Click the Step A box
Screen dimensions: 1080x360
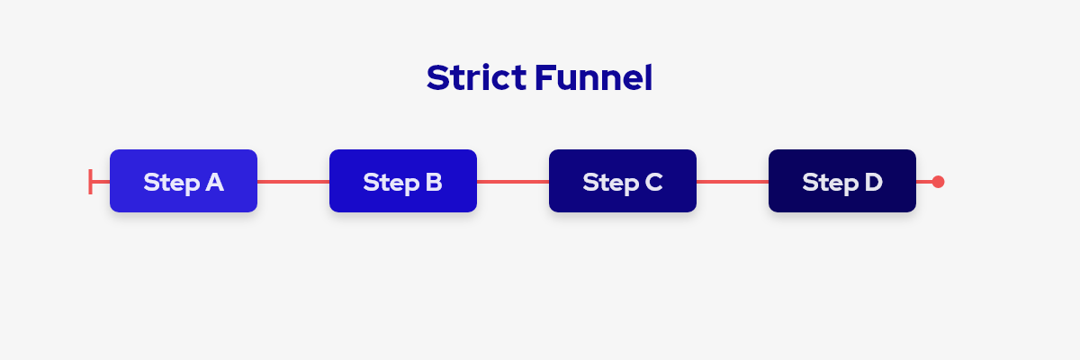tap(184, 181)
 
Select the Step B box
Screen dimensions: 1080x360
tap(403, 181)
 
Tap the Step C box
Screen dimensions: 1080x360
tap(623, 181)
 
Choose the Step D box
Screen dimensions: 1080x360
tap(842, 181)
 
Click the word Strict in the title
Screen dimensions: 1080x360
tap(476, 77)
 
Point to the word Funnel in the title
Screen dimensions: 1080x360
tap(593, 77)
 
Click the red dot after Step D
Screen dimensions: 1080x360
tap(938, 182)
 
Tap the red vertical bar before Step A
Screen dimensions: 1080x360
tap(90, 182)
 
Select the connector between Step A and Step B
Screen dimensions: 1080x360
tap(293, 182)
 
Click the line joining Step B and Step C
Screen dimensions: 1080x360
tap(513, 182)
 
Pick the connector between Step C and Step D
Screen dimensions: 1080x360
tap(733, 182)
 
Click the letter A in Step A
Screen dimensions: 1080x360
tap(214, 182)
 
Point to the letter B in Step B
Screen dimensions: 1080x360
tap(434, 182)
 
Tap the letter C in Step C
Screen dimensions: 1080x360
tap(653, 182)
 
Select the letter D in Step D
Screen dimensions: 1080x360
tap(873, 182)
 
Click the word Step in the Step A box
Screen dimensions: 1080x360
tap(172, 183)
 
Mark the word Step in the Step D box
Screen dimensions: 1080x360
tap(830, 183)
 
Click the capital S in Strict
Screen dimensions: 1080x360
tap(436, 77)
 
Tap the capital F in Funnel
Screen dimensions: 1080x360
tap(544, 77)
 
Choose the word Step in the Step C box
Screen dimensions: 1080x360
tap(611, 183)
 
